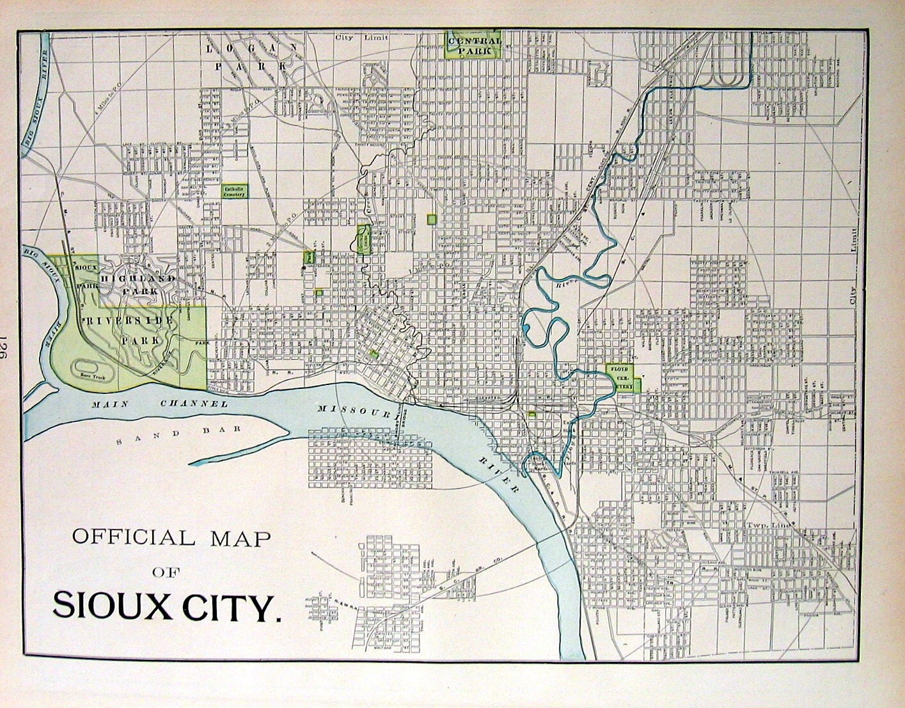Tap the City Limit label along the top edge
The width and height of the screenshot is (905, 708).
353,38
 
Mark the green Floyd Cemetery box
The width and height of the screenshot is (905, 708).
620,378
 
